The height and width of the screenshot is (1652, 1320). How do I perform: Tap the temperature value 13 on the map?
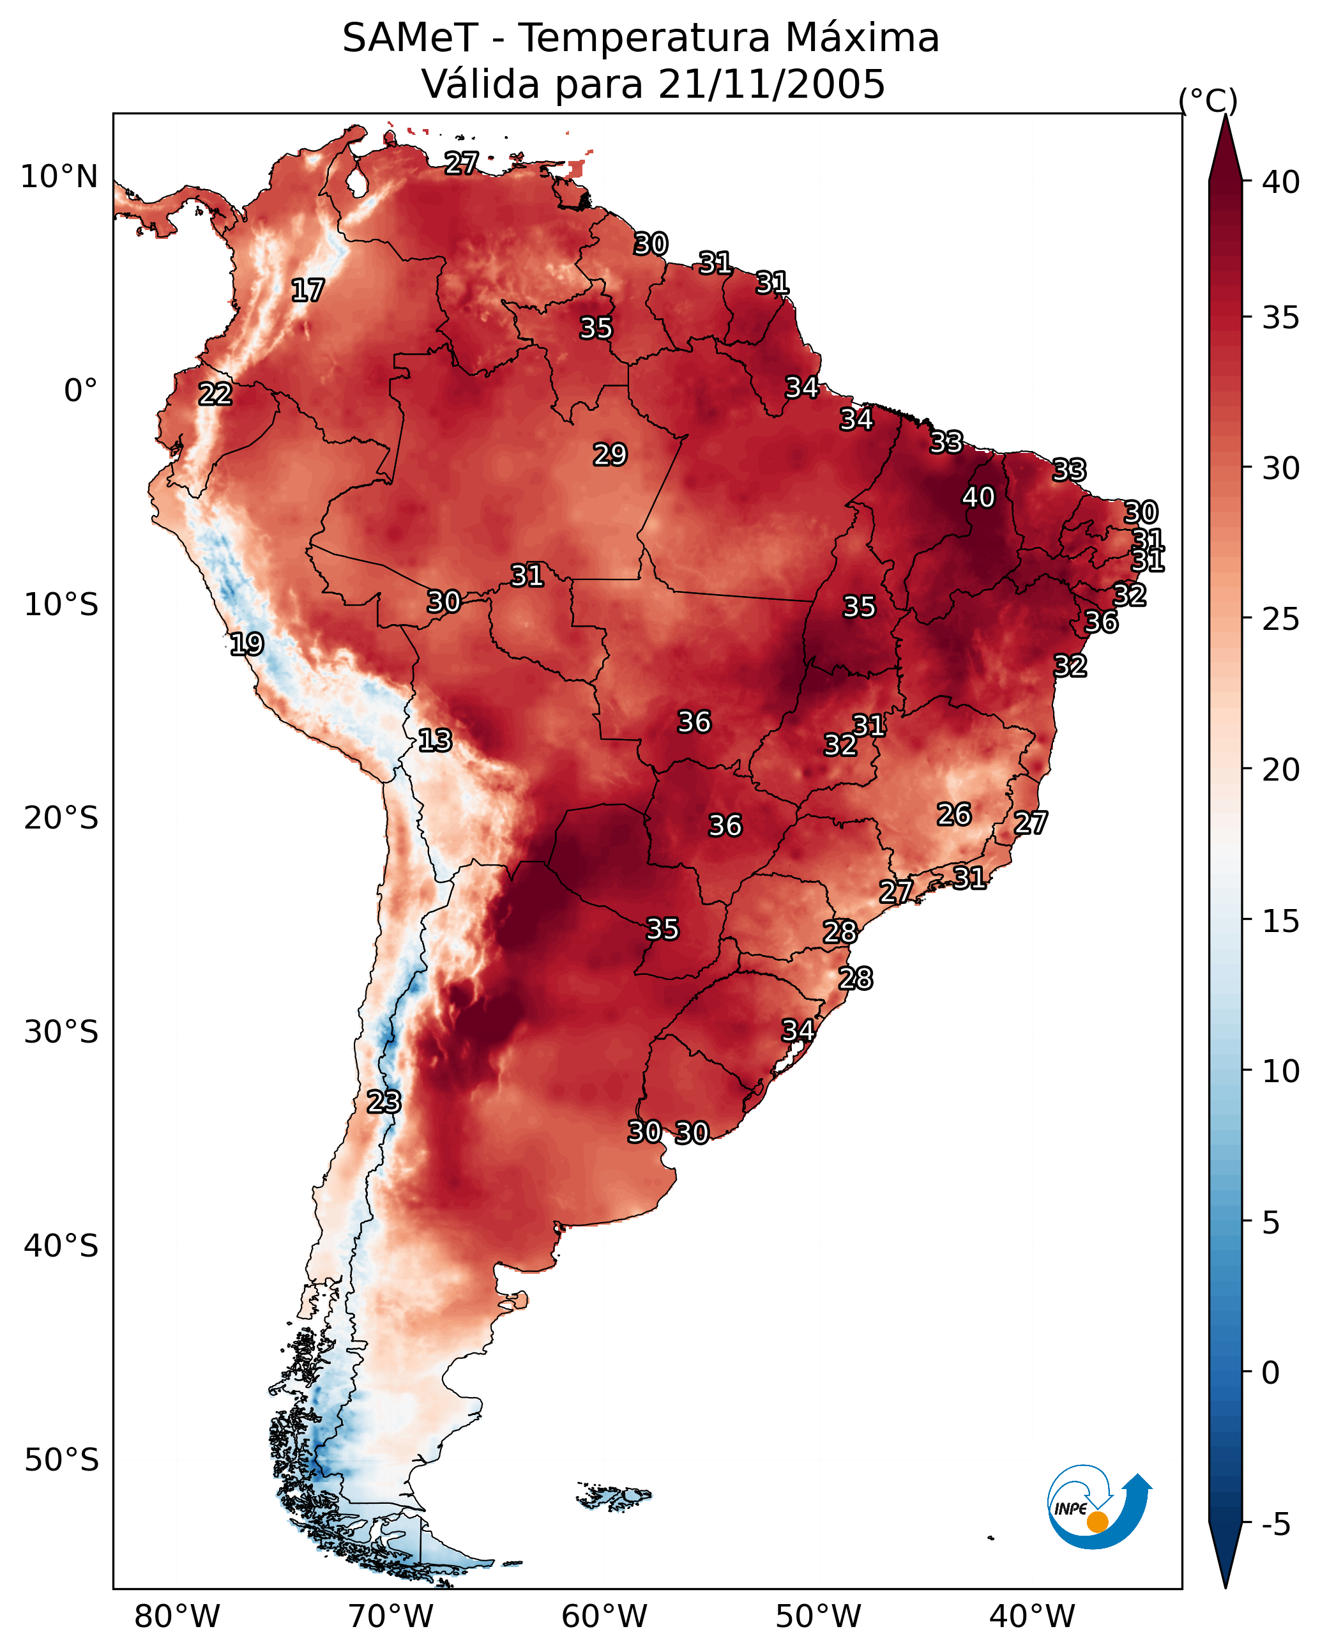pos(435,740)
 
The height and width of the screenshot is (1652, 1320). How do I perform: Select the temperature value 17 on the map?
pos(308,291)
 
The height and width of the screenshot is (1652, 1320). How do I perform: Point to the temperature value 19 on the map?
pos(247,644)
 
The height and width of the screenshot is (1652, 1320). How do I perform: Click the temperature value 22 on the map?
pos(215,394)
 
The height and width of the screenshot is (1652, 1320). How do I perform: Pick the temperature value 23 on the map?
pos(384,1102)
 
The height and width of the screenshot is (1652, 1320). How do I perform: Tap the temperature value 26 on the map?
pos(955,814)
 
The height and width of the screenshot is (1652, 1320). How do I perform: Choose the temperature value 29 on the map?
pos(611,454)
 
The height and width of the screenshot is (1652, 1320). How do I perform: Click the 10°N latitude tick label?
pos(59,177)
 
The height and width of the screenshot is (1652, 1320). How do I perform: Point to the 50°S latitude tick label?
pos(61,1460)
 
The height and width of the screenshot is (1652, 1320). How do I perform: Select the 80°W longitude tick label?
pos(177,1617)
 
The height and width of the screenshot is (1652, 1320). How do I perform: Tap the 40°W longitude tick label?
pos(1032,1617)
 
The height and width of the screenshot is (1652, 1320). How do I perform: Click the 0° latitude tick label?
pos(81,391)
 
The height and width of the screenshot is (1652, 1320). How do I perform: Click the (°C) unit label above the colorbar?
pos(1208,100)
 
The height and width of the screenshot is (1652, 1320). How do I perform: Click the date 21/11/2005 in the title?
pos(771,84)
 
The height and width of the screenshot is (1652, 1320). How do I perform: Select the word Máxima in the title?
pos(862,38)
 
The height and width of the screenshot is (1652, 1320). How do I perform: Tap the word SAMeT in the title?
pos(410,38)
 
